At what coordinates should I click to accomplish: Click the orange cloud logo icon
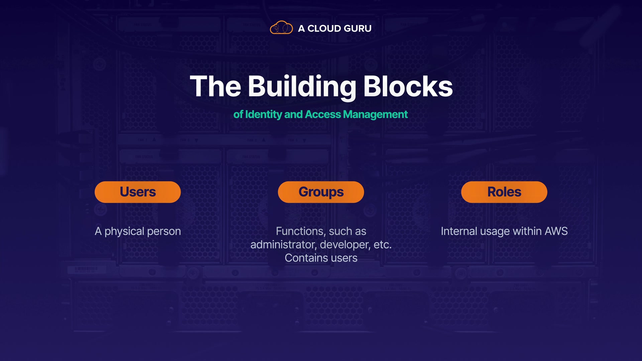(x=281, y=28)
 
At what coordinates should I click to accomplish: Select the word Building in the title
(x=302, y=87)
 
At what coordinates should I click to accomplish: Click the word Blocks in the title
(x=408, y=87)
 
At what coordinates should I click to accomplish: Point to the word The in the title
(x=215, y=87)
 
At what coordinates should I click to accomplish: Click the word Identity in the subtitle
(x=263, y=114)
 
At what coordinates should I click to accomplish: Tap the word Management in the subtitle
(x=375, y=114)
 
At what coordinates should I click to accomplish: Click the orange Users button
(x=138, y=192)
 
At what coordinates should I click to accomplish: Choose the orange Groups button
(x=321, y=192)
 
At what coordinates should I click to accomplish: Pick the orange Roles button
(x=504, y=192)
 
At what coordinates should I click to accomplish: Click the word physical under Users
(x=124, y=231)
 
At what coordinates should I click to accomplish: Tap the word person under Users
(x=164, y=231)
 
